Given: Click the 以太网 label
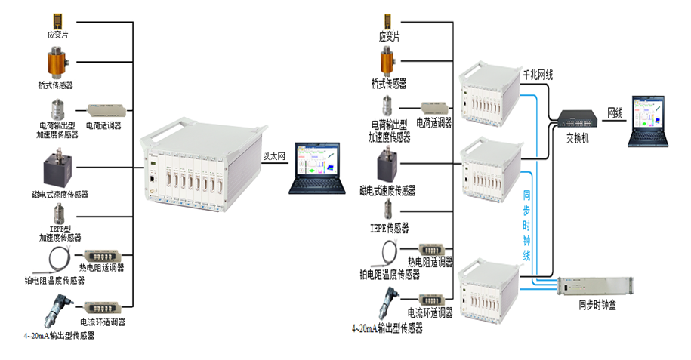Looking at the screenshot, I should pos(273,156).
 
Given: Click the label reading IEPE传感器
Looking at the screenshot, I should pos(390,226).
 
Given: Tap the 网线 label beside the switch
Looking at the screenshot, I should pos(616,113).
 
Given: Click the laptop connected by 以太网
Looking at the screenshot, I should pos(316,170).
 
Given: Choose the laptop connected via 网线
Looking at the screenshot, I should pos(651,121).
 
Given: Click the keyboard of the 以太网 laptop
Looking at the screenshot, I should pos(316,186).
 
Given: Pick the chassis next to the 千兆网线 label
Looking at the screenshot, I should pos(491,97).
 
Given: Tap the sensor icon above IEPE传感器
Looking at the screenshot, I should pos(389,209).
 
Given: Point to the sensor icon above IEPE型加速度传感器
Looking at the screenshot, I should pos(57,215).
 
